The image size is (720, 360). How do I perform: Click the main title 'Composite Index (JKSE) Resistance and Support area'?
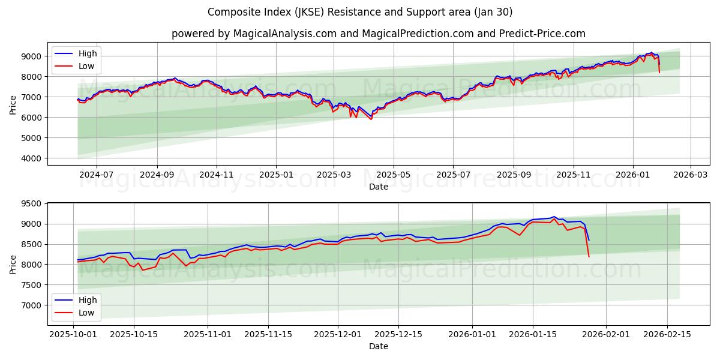click(x=360, y=12)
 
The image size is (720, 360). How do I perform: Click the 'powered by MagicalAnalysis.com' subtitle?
click(x=378, y=34)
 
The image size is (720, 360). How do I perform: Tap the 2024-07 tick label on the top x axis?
click(x=96, y=175)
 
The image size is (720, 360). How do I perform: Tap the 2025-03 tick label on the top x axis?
click(x=334, y=175)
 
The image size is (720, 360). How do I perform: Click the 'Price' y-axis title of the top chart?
click(x=13, y=104)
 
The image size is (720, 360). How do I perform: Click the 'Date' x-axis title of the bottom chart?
click(x=378, y=346)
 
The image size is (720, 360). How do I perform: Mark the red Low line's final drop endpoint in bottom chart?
click(x=589, y=257)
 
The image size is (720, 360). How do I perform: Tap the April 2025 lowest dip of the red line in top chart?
click(x=371, y=119)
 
